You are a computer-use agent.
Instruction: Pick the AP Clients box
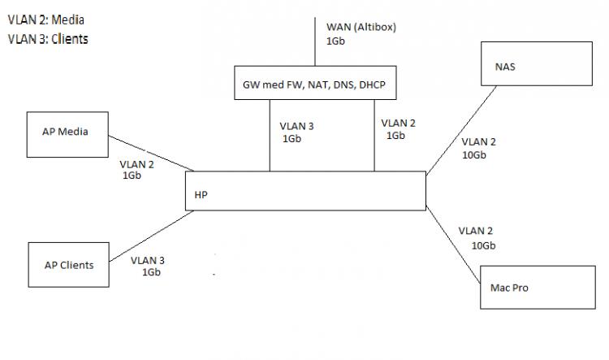click(x=69, y=264)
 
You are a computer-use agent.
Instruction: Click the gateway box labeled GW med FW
click(x=316, y=83)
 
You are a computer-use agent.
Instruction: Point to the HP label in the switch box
click(x=201, y=195)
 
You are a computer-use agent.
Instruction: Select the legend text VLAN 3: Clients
click(x=48, y=37)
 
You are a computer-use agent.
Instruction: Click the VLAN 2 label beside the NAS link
click(x=478, y=142)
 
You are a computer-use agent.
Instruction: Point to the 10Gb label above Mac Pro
click(x=483, y=245)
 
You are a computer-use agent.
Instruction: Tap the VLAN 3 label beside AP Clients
click(x=148, y=260)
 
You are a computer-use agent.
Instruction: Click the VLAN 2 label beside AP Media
click(x=136, y=163)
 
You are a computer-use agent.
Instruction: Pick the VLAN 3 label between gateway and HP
click(x=296, y=126)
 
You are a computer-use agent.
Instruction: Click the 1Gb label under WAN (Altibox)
click(x=335, y=40)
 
